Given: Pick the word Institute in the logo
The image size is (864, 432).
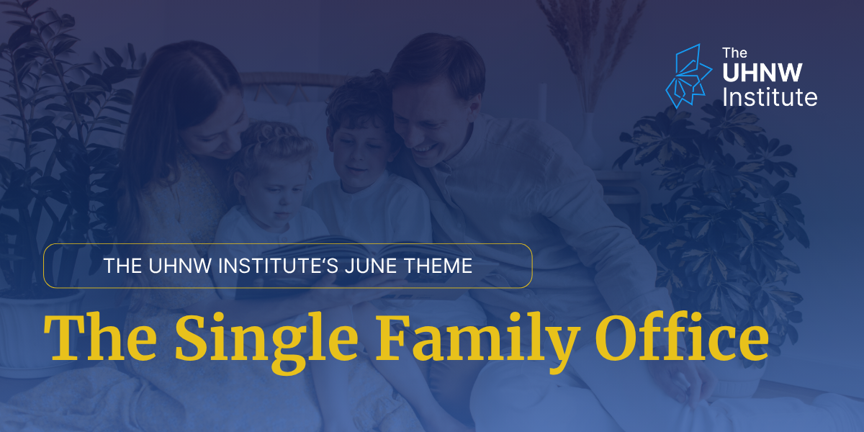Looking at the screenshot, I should coord(770,96).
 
